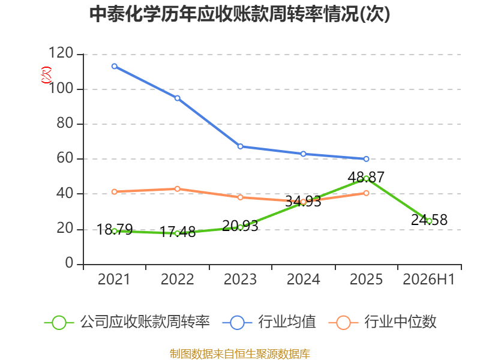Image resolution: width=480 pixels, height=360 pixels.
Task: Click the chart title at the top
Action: tap(239, 14)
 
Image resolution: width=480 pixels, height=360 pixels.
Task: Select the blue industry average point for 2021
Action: tap(115, 66)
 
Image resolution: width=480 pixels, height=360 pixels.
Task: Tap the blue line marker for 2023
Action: tap(241, 146)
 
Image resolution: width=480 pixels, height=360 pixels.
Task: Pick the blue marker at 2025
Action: tap(366, 159)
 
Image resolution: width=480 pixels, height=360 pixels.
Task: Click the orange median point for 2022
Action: tap(177, 188)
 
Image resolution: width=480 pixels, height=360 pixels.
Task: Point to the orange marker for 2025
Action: tap(366, 193)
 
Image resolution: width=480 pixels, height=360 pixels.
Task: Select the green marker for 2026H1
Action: tap(429, 221)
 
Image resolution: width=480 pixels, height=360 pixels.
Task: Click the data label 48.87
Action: tap(366, 177)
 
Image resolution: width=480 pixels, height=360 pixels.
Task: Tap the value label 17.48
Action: tap(178, 232)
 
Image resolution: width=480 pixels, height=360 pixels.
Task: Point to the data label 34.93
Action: tap(303, 202)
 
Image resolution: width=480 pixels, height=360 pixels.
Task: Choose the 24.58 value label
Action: tap(429, 220)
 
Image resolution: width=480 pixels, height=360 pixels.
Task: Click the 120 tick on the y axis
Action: tap(61, 53)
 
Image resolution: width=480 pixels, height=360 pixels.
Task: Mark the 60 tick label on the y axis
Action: tap(65, 158)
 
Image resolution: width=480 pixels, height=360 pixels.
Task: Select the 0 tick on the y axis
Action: tap(69, 263)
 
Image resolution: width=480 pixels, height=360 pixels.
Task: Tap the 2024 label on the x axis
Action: tap(303, 279)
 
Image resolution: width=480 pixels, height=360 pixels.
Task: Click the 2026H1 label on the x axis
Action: tap(428, 279)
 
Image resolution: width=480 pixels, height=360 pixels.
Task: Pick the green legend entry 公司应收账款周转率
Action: tap(127, 322)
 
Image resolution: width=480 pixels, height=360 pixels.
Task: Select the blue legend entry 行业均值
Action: tap(269, 322)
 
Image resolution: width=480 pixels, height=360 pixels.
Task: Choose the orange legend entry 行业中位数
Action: tap(382, 322)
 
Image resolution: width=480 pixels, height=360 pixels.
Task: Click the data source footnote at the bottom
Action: tap(240, 354)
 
